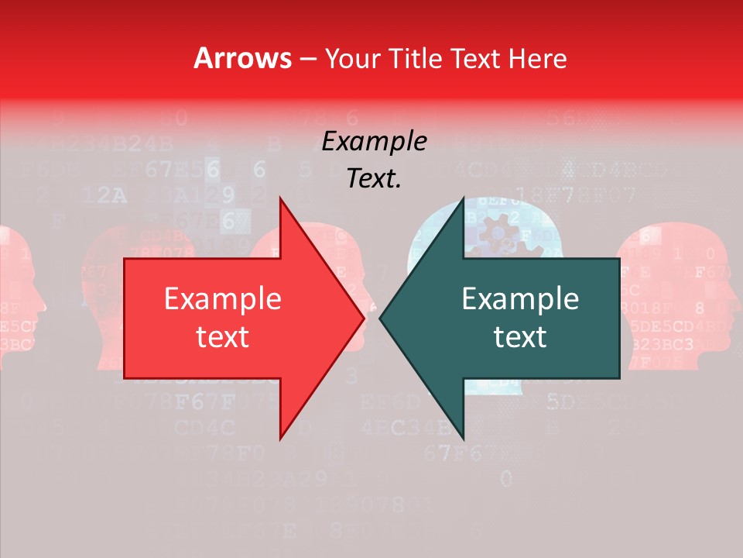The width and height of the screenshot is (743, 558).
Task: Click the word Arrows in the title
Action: click(x=242, y=58)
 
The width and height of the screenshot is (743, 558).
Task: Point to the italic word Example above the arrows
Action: click(x=374, y=142)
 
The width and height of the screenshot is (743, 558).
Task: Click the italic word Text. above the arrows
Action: click(x=374, y=179)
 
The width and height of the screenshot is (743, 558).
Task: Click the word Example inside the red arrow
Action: click(x=223, y=299)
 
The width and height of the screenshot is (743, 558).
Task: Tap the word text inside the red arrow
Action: click(x=223, y=336)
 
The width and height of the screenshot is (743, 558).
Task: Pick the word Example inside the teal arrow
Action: click(x=520, y=299)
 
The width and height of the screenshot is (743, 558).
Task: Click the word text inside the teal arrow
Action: click(x=520, y=336)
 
